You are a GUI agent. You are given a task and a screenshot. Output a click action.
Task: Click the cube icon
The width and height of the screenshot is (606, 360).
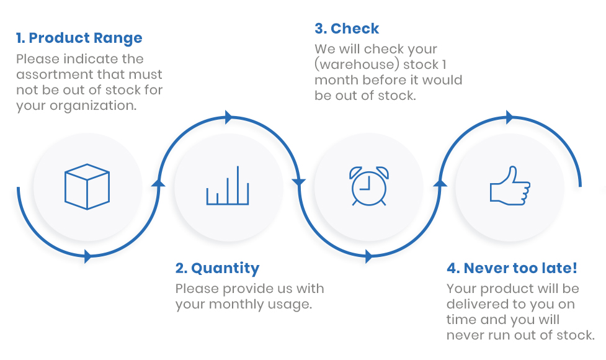click(x=87, y=187)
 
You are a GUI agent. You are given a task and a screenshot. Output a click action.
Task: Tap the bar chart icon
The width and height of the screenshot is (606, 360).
click(x=228, y=185)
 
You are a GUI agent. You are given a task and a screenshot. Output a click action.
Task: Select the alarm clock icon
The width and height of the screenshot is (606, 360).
click(x=368, y=186)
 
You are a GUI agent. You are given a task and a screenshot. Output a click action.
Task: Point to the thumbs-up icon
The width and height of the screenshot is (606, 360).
click(x=510, y=186)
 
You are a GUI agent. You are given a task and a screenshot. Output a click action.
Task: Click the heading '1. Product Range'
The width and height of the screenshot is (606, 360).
click(x=79, y=38)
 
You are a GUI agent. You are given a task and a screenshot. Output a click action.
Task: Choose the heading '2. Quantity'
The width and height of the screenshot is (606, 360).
click(x=217, y=268)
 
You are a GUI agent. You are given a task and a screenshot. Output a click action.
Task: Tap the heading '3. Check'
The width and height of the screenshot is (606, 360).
click(x=347, y=29)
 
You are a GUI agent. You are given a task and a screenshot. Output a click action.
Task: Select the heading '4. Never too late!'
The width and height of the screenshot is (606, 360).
click(x=512, y=268)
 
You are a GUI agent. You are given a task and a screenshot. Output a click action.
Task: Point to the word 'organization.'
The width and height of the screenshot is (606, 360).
click(x=93, y=106)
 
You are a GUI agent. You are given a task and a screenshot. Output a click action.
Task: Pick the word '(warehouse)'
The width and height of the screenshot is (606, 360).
click(x=357, y=65)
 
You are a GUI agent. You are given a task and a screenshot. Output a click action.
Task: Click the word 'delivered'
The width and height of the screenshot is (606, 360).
click(x=477, y=304)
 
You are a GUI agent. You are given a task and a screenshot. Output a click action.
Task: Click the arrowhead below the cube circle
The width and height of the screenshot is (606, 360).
click(x=87, y=256)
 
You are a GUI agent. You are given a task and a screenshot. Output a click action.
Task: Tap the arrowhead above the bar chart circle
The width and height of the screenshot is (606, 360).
click(x=229, y=117)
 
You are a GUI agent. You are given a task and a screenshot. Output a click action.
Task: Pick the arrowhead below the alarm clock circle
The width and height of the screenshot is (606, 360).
click(x=368, y=256)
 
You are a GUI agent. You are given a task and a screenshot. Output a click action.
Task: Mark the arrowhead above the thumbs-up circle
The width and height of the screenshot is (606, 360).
click(x=510, y=117)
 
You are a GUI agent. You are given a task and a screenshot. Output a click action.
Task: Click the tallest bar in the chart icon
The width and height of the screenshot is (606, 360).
click(x=238, y=185)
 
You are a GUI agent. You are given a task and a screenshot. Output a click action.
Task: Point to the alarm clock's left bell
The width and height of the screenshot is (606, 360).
click(x=355, y=172)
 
